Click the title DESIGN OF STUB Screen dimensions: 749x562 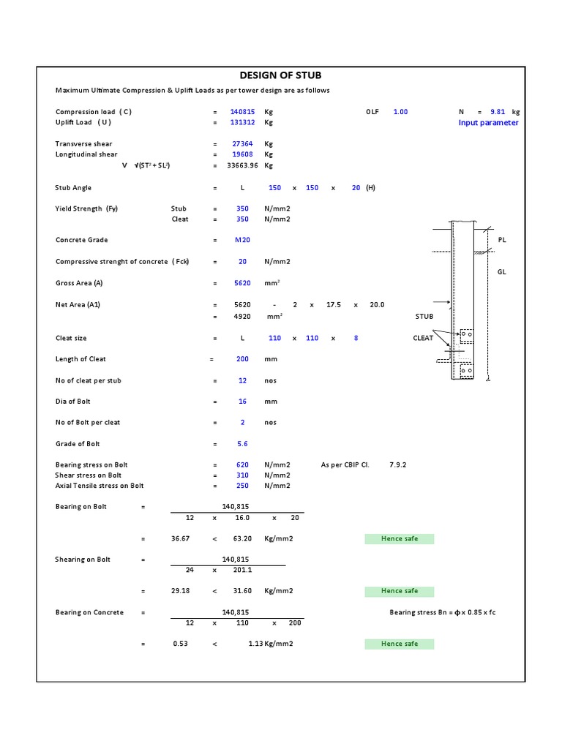pyautogui.click(x=281, y=75)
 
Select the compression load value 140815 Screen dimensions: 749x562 pyautogui.click(x=241, y=112)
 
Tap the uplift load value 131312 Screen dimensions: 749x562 pyautogui.click(x=241, y=122)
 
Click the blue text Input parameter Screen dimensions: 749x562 pyautogui.click(x=488, y=122)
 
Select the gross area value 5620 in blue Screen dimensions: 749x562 pyautogui.click(x=242, y=283)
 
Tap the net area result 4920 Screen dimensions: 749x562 pyautogui.click(x=242, y=316)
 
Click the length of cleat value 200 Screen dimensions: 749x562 pyautogui.click(x=242, y=359)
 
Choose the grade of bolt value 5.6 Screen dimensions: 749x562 pyautogui.click(x=242, y=444)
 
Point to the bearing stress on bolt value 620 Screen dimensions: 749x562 pyautogui.click(x=242, y=464)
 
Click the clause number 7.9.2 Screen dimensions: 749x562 pyautogui.click(x=400, y=464)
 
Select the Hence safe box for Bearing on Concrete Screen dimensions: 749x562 pyautogui.click(x=400, y=644)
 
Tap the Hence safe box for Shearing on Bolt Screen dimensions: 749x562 pyautogui.click(x=400, y=591)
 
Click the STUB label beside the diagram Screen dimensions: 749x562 pyautogui.click(x=424, y=317)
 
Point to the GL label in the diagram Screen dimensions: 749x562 pyautogui.click(x=502, y=272)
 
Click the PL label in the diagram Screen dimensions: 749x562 pyautogui.click(x=502, y=240)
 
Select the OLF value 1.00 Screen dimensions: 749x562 pyautogui.click(x=400, y=112)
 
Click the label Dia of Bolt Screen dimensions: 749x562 pyautogui.click(x=73, y=402)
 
